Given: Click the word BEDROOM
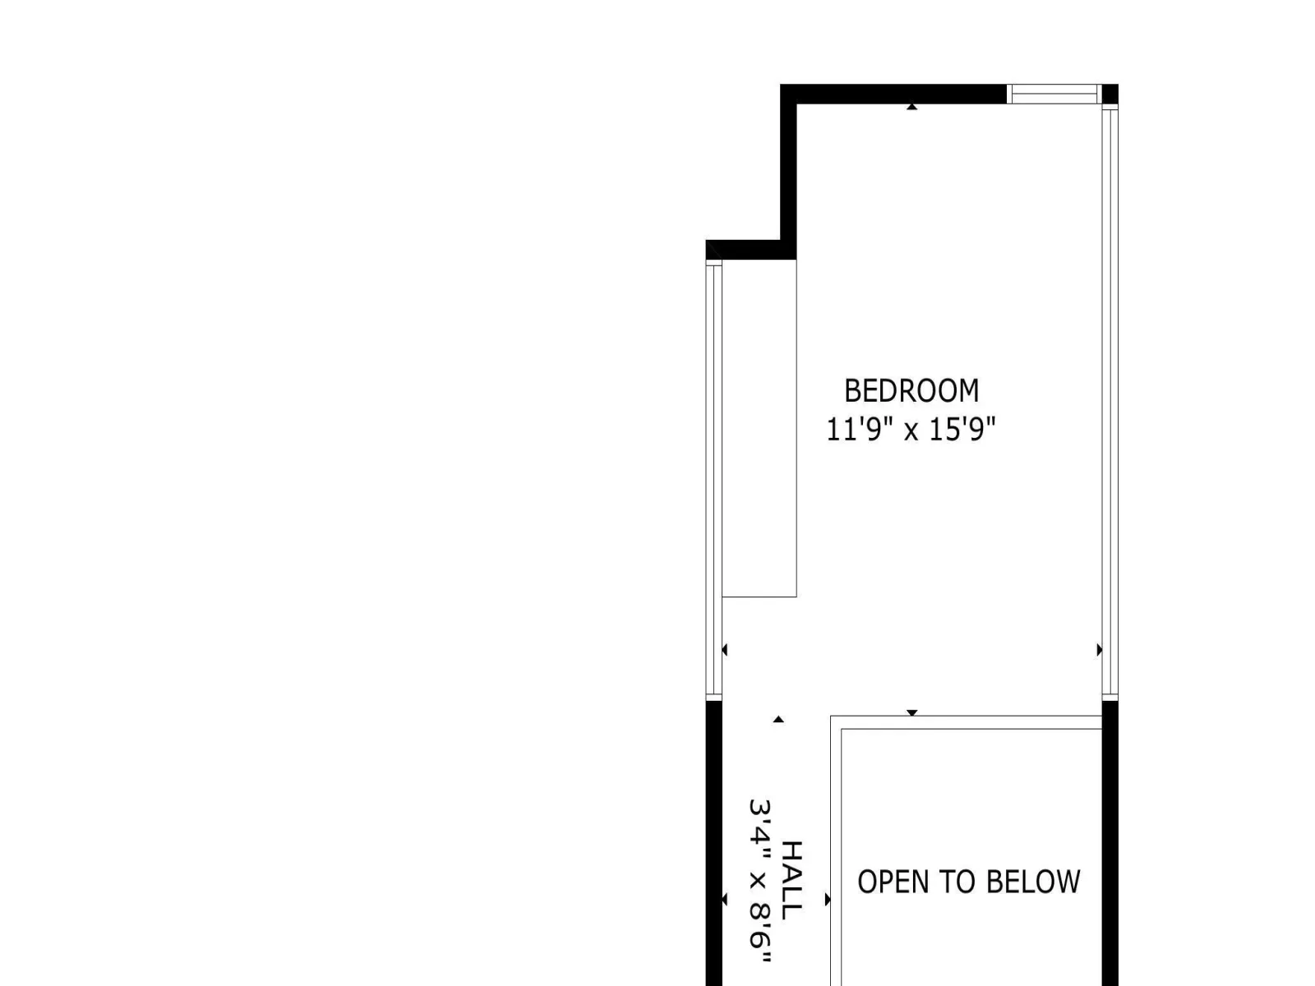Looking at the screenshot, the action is (911, 391).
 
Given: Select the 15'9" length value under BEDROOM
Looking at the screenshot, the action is (962, 429).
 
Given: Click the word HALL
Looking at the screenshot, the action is (791, 880).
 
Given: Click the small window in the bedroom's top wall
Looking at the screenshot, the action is (1054, 94).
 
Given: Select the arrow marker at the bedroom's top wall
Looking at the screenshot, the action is (911, 107).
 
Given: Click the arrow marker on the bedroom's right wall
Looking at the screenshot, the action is (1100, 650).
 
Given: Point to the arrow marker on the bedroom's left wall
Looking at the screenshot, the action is (725, 650).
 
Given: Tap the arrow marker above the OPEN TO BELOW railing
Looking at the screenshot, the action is (911, 713).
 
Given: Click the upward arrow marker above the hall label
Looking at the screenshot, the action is (778, 719).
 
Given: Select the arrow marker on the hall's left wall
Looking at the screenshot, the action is (725, 899).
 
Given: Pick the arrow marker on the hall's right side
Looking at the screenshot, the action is (828, 899).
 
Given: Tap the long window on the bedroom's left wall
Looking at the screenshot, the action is (714, 480).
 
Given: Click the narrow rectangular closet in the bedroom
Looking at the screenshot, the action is (759, 428).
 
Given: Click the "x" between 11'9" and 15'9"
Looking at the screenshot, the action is (911, 432).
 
